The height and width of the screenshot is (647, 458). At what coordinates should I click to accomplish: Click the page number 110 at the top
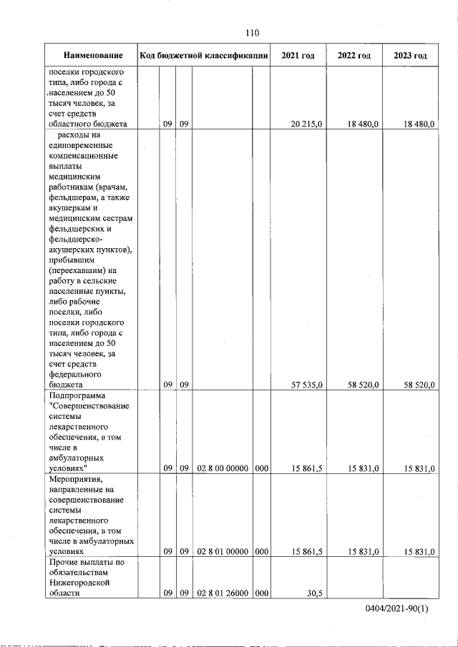pos(251,32)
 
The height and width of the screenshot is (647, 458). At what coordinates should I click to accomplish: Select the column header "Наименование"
pos(92,56)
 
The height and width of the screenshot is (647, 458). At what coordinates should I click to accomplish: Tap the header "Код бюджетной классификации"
pos(204,56)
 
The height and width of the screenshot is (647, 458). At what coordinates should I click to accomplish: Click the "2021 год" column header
pos(298,56)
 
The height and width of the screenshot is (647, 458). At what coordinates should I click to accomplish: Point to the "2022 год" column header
pos(354,56)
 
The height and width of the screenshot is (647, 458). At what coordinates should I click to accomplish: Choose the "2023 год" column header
pos(410,56)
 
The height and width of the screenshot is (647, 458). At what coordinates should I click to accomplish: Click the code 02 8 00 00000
pos(223,469)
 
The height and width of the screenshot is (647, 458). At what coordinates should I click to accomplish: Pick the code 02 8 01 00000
pos(223,552)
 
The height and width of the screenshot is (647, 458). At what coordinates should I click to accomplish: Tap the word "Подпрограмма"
pos(77,396)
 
